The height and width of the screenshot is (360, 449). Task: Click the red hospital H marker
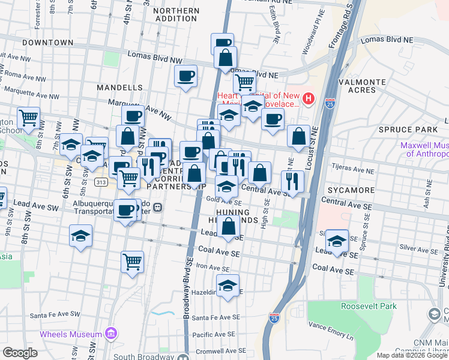tap(308, 98)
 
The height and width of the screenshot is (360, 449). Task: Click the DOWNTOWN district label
tap(47, 43)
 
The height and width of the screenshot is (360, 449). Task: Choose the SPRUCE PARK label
tap(408, 130)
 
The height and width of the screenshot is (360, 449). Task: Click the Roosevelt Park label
tap(369, 306)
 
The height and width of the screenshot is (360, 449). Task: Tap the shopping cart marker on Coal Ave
tap(132, 261)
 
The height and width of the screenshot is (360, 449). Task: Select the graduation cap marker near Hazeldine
tap(228, 286)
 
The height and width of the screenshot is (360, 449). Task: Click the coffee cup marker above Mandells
tap(186, 76)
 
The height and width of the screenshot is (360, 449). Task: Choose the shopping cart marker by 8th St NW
tap(28, 118)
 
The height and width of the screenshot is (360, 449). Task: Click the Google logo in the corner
tap(20, 353)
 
